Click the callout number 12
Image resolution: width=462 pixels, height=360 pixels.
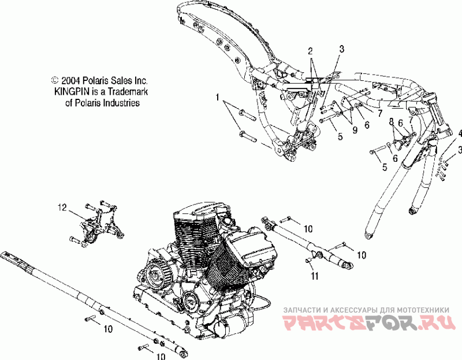62,206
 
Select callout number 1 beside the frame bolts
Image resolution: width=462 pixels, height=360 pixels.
218,98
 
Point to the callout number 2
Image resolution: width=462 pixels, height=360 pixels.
310,50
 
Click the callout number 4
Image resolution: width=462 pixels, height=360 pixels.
460,133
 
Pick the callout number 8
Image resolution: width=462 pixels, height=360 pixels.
391,121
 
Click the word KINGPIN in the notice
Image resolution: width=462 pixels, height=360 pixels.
70,92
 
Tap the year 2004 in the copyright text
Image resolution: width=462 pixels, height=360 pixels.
71,81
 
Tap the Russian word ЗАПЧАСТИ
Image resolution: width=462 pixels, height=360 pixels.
302,309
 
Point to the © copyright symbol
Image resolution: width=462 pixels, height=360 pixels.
55,81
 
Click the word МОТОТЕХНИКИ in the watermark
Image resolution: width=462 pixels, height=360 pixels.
422,309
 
